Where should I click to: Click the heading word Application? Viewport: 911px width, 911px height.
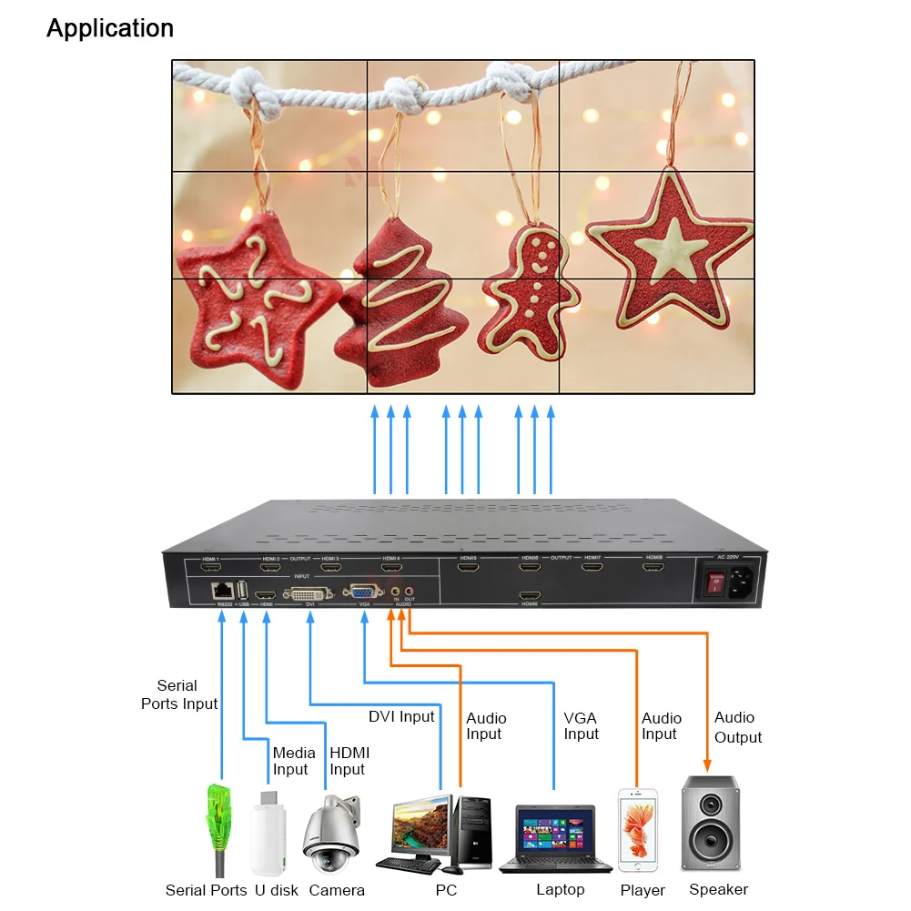110,28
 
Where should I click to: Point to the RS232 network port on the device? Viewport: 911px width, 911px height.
221,591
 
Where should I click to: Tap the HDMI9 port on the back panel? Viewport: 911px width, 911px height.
530,596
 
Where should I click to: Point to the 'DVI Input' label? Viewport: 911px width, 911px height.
401,717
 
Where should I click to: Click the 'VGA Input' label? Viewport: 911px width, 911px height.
581,726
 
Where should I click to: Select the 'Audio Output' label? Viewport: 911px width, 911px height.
737,727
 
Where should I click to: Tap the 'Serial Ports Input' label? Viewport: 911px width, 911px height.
178,694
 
